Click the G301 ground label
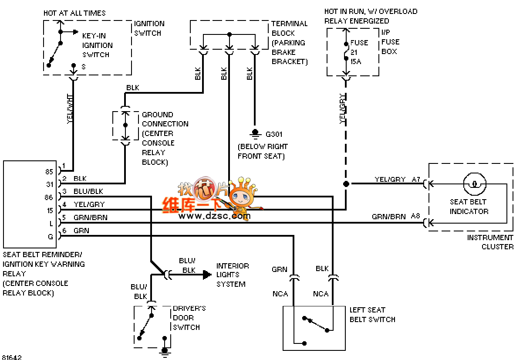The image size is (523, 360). click(x=274, y=134)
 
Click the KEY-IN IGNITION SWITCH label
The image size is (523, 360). click(x=97, y=45)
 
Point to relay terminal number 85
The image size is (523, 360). click(x=50, y=172)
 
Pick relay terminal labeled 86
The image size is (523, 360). click(x=50, y=197)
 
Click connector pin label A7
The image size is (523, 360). click(x=416, y=179)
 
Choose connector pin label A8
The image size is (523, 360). click(x=416, y=217)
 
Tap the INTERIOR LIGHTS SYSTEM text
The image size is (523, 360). click(x=233, y=275)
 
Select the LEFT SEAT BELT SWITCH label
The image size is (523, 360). click(x=372, y=315)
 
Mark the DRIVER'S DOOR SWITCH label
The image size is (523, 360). click(x=189, y=318)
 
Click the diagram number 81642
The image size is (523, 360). click(x=12, y=357)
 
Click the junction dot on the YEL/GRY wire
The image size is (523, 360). click(x=346, y=184)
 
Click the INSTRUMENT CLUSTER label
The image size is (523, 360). click(x=490, y=242)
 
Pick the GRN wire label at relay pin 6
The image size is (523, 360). click(x=81, y=231)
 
